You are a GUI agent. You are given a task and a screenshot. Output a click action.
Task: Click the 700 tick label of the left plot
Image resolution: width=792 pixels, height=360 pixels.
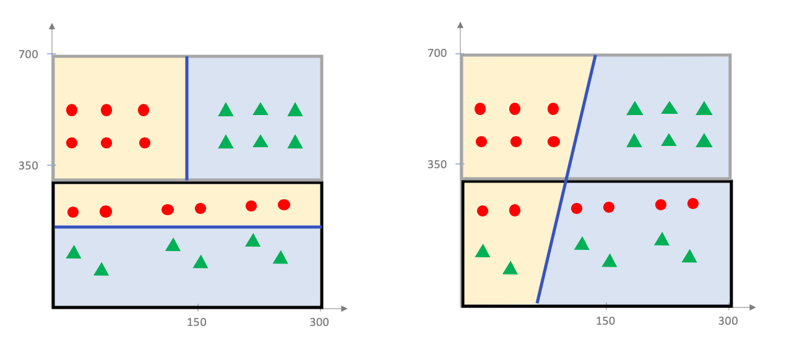pyautogui.click(x=28, y=54)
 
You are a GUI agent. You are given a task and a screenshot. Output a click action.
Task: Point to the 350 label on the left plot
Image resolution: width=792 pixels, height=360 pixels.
pyautogui.click(x=28, y=166)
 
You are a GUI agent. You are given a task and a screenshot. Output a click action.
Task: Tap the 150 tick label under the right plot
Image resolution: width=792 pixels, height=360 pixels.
pyautogui.click(x=605, y=320)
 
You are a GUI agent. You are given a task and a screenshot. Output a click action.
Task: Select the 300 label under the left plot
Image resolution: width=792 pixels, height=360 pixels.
pyautogui.click(x=319, y=322)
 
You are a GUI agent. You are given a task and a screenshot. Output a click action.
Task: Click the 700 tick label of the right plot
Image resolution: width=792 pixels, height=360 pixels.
pyautogui.click(x=437, y=53)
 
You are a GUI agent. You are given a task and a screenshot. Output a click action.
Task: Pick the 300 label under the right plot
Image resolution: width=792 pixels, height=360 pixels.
pyautogui.click(x=728, y=320)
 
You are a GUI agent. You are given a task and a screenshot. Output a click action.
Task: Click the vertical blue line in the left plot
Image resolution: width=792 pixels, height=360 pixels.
pyautogui.click(x=187, y=118)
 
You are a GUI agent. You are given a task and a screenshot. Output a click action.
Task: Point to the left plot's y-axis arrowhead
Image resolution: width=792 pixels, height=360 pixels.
pyautogui.click(x=52, y=27)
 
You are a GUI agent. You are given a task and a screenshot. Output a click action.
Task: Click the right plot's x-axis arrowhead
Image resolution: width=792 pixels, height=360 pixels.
pyautogui.click(x=752, y=307)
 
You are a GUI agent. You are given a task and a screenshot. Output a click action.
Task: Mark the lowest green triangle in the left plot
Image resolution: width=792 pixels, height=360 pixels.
pyautogui.click(x=101, y=270)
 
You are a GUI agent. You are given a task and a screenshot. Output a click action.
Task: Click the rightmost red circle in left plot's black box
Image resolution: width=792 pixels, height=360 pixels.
pyautogui.click(x=284, y=205)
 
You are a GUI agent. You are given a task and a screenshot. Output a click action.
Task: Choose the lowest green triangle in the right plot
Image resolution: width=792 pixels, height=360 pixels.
pyautogui.click(x=510, y=268)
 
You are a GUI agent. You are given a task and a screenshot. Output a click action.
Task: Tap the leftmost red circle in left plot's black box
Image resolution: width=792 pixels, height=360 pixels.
pyautogui.click(x=73, y=212)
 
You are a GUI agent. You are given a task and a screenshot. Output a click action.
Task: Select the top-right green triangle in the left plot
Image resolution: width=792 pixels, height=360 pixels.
pyautogui.click(x=295, y=110)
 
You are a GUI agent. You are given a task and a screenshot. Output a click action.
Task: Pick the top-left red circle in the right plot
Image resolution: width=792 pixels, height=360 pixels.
pyautogui.click(x=480, y=109)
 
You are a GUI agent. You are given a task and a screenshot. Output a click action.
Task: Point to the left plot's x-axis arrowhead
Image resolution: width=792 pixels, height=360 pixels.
pyautogui.click(x=343, y=308)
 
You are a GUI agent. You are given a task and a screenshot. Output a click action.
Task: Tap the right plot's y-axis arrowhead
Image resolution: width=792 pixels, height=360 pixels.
pyautogui.click(x=460, y=26)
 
